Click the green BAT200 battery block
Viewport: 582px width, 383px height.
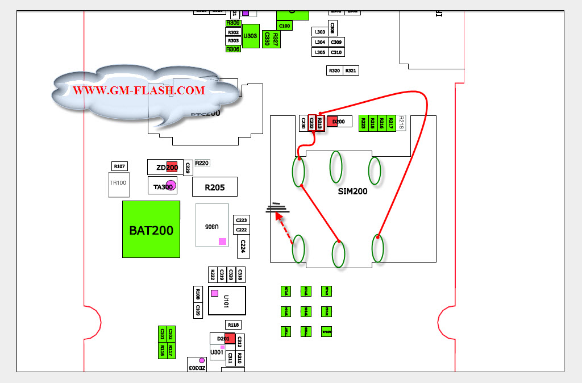click(151, 229)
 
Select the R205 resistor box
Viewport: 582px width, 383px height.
click(214, 187)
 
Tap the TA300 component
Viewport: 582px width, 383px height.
click(163, 186)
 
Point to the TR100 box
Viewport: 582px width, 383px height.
click(118, 184)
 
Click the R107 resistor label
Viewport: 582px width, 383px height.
click(119, 166)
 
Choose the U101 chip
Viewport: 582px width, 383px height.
click(227, 300)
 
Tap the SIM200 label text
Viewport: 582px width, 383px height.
click(352, 191)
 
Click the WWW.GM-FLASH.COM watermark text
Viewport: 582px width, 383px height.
click(139, 90)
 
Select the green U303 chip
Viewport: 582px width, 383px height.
click(251, 36)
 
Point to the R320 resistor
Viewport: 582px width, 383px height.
click(334, 70)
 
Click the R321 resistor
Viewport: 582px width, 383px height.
click(351, 70)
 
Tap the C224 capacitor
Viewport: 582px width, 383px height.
click(243, 246)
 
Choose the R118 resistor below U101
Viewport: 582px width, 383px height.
click(233, 324)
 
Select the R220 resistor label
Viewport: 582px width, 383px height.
click(202, 163)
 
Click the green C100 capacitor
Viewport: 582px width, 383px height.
click(285, 26)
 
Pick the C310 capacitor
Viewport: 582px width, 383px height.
click(336, 52)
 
